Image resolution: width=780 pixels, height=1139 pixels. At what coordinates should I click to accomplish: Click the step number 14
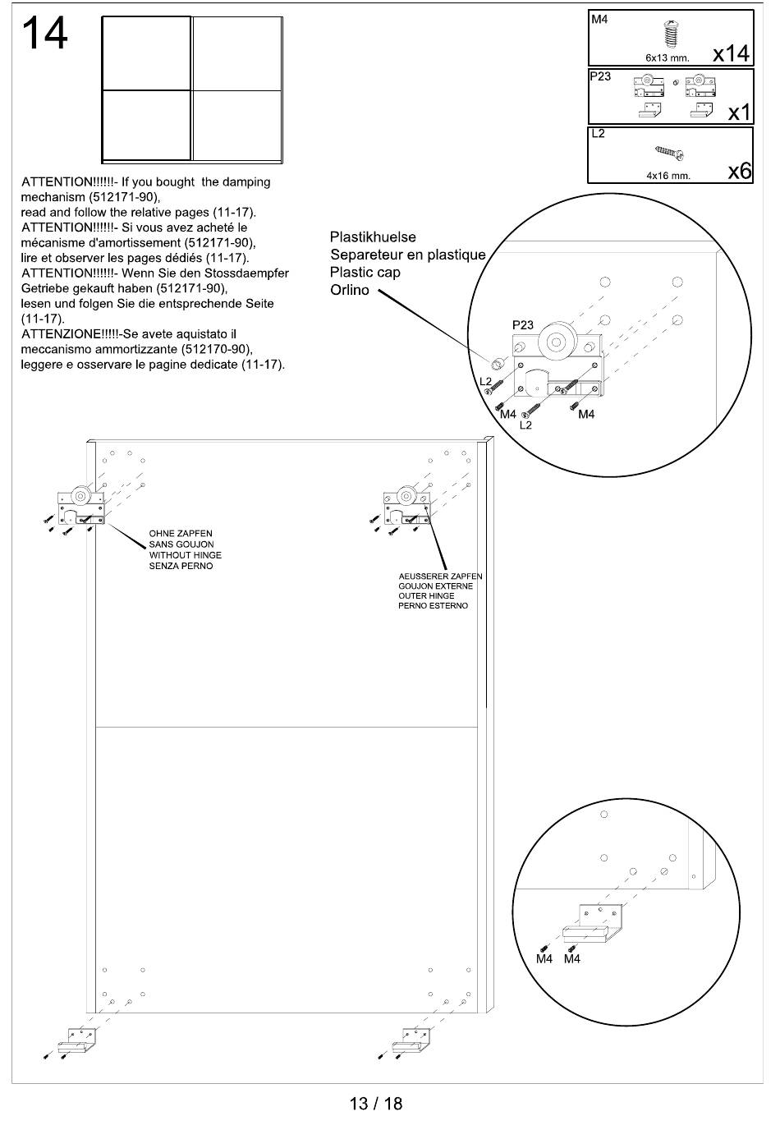[44, 35]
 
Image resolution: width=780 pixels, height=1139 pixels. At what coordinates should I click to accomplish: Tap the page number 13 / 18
[376, 1103]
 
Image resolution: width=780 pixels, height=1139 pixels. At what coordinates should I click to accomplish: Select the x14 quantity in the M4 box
[730, 53]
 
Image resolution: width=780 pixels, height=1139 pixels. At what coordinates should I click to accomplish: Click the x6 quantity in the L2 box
[739, 171]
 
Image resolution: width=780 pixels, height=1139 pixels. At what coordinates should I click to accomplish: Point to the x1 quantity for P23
[739, 113]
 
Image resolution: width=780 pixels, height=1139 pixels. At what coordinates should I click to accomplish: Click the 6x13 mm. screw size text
[667, 58]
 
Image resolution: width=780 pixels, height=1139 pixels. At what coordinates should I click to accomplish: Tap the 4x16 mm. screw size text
[668, 175]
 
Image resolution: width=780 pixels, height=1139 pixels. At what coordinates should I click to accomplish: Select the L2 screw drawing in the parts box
[670, 152]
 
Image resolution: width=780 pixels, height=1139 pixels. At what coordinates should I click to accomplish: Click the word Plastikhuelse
[373, 237]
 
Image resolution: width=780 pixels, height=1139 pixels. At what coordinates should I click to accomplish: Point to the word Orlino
[350, 291]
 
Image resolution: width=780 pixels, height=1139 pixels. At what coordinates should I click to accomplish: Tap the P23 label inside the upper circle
[523, 325]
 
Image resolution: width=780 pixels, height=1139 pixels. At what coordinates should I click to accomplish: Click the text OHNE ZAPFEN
[181, 534]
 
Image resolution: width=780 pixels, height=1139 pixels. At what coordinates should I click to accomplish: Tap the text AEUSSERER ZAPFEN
[440, 576]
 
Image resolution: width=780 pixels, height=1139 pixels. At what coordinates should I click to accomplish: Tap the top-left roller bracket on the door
[80, 506]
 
